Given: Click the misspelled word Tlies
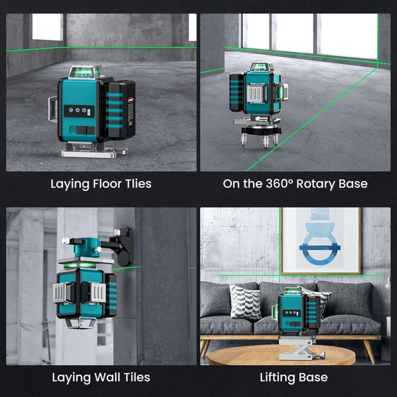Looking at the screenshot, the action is (138, 184).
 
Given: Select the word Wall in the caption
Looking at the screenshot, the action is (107, 377).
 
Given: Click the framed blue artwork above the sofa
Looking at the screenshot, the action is (320, 241).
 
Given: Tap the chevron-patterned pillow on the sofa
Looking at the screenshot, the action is (245, 301).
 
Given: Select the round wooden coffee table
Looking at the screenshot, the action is (281, 354).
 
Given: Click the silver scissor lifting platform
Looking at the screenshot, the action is (299, 348).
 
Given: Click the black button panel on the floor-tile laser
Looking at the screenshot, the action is (79, 111).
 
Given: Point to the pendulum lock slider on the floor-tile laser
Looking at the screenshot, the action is (83, 130).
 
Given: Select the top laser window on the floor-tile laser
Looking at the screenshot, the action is (85, 72).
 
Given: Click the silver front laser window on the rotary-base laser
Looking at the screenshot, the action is (257, 93).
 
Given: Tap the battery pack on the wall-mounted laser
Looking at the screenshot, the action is (111, 295).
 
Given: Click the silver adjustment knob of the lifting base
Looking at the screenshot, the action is (322, 354).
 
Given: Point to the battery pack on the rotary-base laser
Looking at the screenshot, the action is (237, 92).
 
